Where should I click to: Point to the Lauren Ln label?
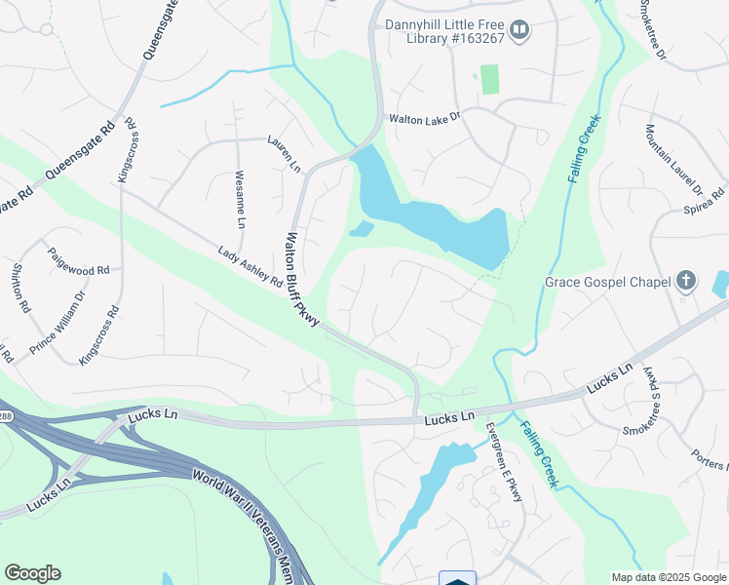click(284, 154)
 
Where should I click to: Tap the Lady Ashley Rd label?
click(250, 268)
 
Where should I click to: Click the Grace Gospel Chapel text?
click(607, 283)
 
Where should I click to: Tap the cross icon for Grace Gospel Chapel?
click(686, 282)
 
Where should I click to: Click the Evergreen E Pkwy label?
click(505, 463)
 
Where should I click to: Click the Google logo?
click(32, 573)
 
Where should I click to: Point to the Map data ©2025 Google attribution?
click(668, 577)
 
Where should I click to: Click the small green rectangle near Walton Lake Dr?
click(489, 80)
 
